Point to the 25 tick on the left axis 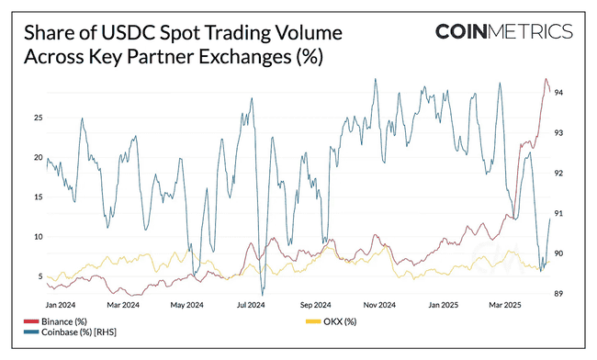pos(38,118)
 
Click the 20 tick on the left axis pos(38,157)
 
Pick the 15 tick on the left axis pos(38,197)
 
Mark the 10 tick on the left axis pos(38,236)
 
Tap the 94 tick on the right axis pos(558,93)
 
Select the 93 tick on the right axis pos(558,133)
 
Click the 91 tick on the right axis pos(558,213)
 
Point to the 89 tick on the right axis pos(558,293)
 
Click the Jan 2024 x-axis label pos(61,304)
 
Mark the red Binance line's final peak pos(546,79)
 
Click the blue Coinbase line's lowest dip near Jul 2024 pos(262,294)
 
